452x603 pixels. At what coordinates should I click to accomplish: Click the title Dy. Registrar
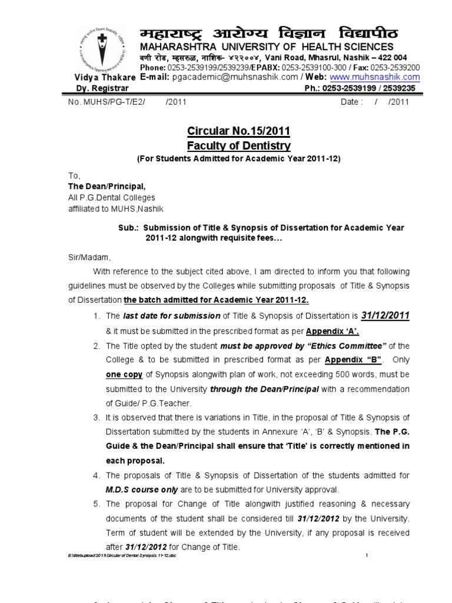click(98, 88)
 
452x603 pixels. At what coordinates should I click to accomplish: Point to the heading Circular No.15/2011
click(238, 131)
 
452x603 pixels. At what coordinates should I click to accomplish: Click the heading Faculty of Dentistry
click(238, 145)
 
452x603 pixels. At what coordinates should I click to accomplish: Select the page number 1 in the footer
click(366, 555)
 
